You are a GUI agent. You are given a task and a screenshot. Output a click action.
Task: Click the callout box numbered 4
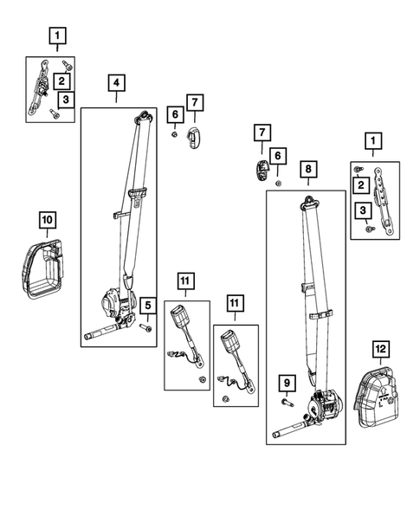coord(116,83)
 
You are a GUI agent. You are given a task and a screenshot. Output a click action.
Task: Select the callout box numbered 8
coord(308,169)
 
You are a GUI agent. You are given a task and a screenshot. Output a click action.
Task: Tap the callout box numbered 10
coord(48,220)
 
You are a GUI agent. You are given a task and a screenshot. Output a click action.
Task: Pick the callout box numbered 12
coord(381,349)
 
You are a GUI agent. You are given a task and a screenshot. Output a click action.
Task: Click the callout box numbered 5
coord(148,306)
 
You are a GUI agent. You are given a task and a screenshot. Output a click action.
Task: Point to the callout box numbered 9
coord(287,383)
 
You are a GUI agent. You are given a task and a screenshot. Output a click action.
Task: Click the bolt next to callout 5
coord(145,327)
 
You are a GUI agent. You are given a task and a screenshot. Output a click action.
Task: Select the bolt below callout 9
coord(288,403)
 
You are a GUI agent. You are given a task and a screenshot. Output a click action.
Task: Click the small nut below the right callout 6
coord(278,184)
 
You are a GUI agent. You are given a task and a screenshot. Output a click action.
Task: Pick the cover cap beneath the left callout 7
coord(194,138)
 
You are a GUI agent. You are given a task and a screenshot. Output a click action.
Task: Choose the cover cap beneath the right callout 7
coord(262,170)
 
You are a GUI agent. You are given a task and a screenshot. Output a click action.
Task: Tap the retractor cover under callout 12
coord(378,397)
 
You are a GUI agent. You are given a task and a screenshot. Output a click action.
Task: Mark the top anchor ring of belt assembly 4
coord(144,116)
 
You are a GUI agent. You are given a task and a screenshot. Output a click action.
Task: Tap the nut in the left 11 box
coord(203,379)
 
